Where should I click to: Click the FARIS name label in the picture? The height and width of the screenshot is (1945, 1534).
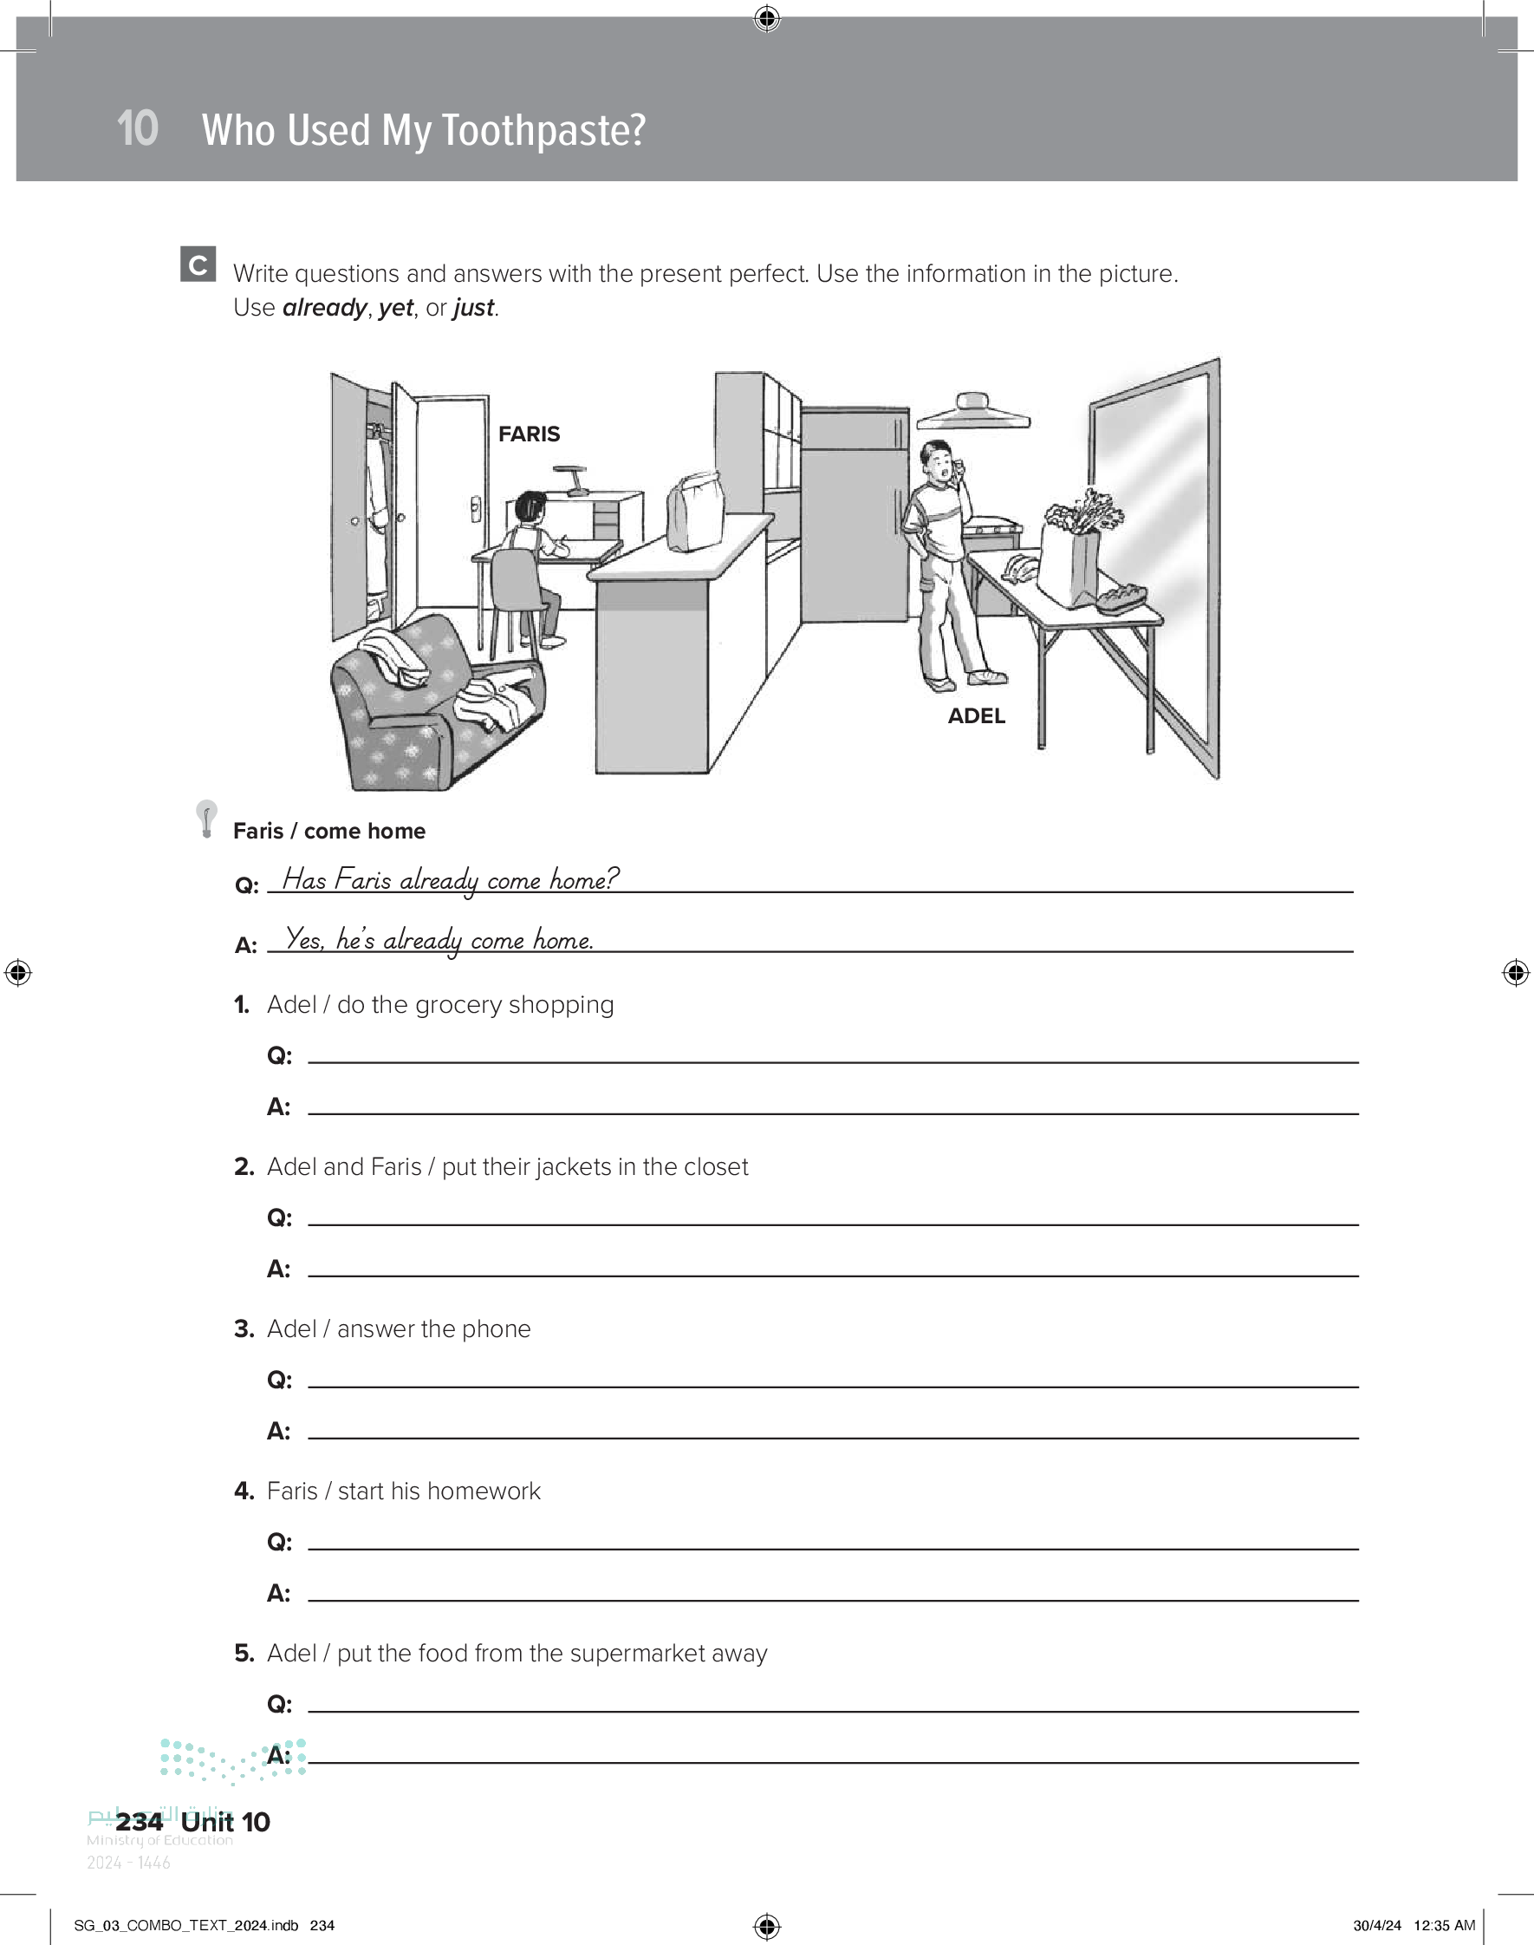tap(529, 434)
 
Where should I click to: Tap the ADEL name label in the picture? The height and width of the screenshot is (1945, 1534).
tap(976, 716)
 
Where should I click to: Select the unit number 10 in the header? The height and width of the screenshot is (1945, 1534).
tap(138, 127)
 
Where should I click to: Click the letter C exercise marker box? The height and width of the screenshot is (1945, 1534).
tap(198, 264)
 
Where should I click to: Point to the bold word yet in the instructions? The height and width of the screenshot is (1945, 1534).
tap(395, 308)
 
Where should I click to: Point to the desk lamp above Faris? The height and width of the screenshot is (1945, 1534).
tap(571, 480)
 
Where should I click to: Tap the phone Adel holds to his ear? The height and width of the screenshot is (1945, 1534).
tap(958, 469)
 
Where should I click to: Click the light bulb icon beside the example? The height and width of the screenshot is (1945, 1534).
tap(206, 819)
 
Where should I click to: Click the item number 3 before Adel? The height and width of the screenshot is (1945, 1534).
tap(244, 1328)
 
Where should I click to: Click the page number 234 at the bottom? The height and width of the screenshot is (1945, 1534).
tap(140, 1822)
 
